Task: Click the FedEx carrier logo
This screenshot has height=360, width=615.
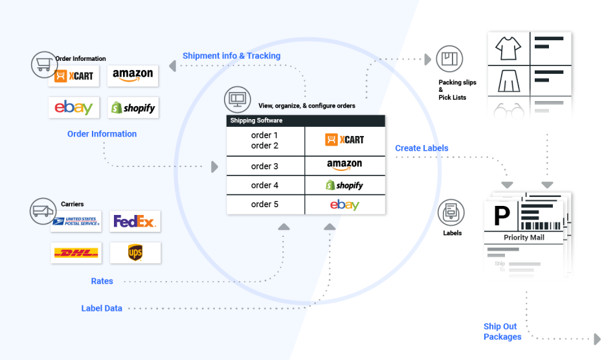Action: [135, 221]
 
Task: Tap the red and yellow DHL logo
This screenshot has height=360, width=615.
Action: [76, 253]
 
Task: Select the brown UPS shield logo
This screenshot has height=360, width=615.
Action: [135, 253]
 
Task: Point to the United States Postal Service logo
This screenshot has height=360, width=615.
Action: [76, 221]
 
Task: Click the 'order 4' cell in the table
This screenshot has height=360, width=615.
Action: [265, 185]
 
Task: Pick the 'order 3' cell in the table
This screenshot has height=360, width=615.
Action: [265, 166]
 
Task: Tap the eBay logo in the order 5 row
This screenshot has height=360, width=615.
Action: [344, 205]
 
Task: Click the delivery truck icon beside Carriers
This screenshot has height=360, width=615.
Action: [43, 210]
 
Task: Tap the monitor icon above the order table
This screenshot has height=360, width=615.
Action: [237, 100]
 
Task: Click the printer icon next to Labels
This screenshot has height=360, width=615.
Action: [451, 212]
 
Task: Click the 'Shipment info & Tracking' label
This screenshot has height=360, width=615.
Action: [231, 56]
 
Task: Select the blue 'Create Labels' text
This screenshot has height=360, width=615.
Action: [421, 148]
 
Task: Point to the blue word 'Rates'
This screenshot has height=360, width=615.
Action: [102, 281]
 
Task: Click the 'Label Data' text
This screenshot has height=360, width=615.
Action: [102, 308]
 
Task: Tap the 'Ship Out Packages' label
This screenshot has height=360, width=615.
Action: [502, 332]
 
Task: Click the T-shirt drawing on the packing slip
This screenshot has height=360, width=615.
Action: [509, 48]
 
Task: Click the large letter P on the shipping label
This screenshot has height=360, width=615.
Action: [502, 216]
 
